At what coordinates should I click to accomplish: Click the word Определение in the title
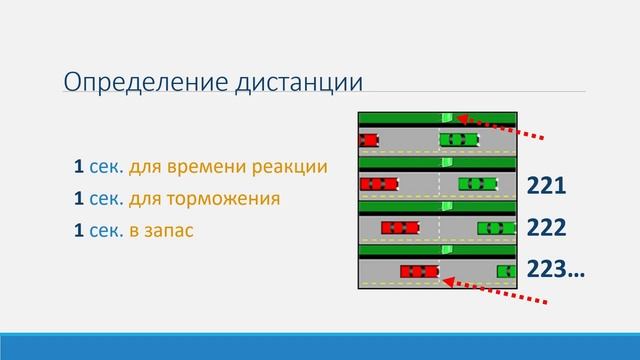pos(129,82)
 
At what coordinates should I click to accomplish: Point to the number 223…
pos(556,270)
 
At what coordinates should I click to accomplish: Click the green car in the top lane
pos(458,139)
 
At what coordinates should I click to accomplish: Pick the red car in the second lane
pos(379,183)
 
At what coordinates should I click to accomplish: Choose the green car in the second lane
pos(477,183)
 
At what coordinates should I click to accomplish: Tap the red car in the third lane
pos(399,227)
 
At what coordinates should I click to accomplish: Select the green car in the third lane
pos(496,227)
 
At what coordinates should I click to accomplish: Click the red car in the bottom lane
pos(419,271)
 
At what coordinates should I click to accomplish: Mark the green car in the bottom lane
pos(507,271)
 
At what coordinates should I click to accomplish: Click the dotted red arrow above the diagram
pos(500,127)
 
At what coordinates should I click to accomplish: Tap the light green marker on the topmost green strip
pos(448,118)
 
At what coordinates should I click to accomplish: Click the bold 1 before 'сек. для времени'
pos(76,166)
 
